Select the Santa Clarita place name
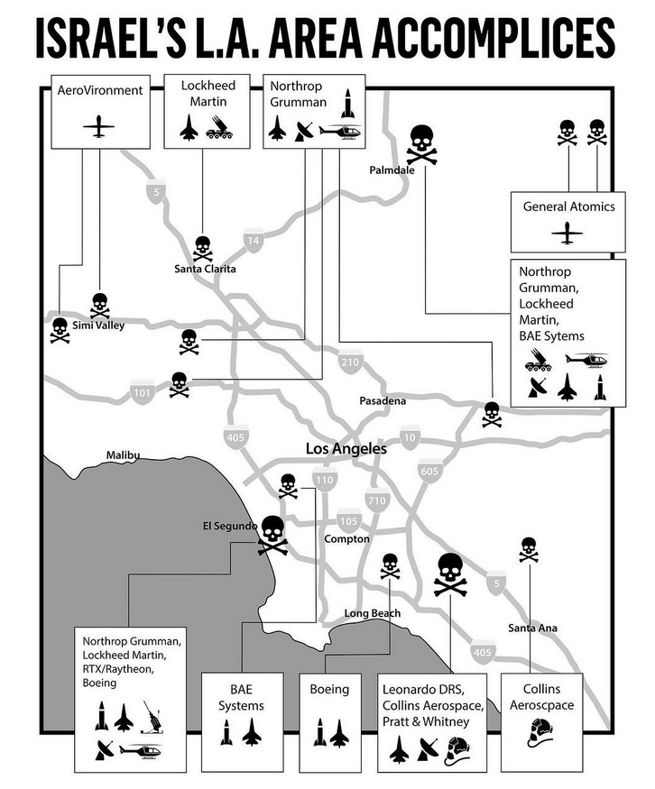point(205,269)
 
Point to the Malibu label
point(122,455)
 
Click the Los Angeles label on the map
point(346,448)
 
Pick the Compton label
point(346,539)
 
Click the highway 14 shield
point(253,241)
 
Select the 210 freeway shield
point(349,362)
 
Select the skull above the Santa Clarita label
point(203,247)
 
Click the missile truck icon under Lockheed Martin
point(219,132)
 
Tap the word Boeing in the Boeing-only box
point(329,690)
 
